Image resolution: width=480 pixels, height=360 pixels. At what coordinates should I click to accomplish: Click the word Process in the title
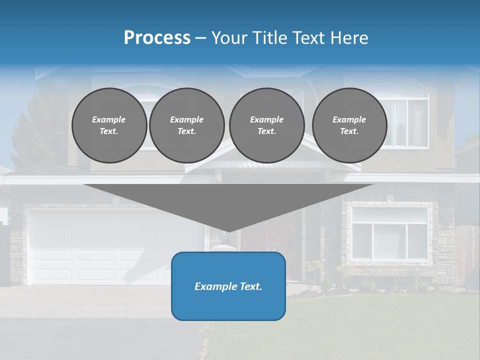point(157,38)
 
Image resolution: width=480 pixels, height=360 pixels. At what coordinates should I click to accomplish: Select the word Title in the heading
point(269,38)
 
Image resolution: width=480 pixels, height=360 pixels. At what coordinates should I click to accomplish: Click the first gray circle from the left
point(109,125)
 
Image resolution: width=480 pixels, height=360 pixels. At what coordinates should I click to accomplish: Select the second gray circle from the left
point(187,125)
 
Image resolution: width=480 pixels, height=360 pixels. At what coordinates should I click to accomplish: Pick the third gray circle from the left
point(266,125)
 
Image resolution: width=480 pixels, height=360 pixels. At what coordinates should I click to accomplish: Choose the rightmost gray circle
point(349,125)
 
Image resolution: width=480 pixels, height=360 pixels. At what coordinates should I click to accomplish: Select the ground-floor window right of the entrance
point(389,233)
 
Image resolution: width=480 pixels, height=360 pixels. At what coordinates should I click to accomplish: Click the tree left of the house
point(35,130)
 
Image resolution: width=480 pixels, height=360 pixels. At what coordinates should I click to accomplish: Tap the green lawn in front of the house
point(350,325)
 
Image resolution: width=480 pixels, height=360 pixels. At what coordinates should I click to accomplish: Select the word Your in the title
point(229,38)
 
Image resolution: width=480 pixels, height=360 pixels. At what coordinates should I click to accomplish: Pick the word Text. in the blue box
point(250,286)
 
